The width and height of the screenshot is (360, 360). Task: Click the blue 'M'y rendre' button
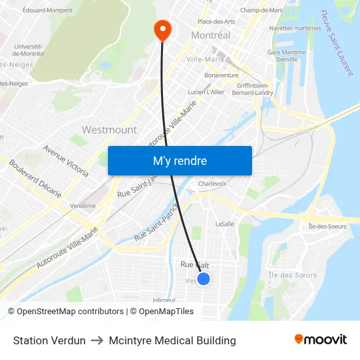[180, 160]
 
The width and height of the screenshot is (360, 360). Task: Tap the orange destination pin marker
[161, 29]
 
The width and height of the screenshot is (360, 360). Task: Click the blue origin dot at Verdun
[204, 279]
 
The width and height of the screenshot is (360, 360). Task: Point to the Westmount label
[109, 130]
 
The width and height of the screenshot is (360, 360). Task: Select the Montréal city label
[211, 35]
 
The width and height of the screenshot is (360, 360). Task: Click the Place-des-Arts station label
[216, 22]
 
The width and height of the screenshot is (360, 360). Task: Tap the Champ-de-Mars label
[261, 10]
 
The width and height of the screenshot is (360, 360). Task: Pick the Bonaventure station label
[221, 75]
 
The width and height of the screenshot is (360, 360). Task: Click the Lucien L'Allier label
[206, 92]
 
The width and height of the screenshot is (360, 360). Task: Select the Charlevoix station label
[212, 184]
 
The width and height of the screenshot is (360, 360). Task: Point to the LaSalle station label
[225, 224]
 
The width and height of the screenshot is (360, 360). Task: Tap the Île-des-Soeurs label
[327, 226]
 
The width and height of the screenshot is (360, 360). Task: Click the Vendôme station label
[82, 206]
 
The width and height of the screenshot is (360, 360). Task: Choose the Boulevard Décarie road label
[35, 179]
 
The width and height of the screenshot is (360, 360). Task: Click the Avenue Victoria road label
[65, 160]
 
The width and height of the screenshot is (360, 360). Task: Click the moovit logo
[320, 340]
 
